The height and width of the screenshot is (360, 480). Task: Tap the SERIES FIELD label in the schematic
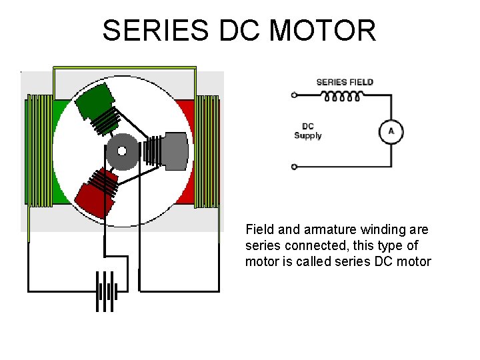(x=345, y=82)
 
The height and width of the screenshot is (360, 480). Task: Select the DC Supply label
(x=308, y=131)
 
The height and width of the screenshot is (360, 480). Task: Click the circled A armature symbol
(x=391, y=131)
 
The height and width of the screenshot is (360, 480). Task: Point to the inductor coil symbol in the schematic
(x=343, y=96)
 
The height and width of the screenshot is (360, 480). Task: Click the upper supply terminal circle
(x=294, y=95)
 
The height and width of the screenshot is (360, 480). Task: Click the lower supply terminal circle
(x=294, y=166)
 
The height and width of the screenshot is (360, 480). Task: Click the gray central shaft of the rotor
(x=122, y=150)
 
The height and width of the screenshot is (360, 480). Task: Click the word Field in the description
(x=260, y=230)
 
